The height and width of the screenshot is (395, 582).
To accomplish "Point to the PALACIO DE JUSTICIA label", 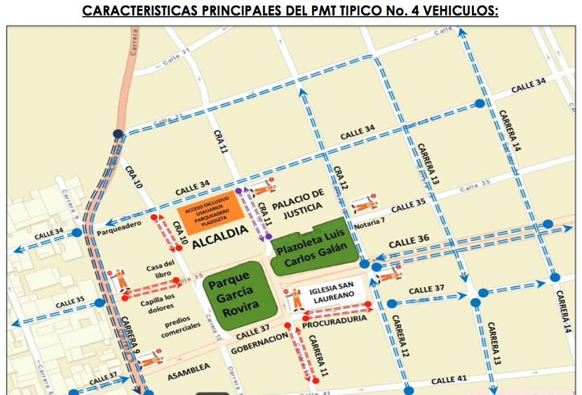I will pyautogui.click(x=299, y=199).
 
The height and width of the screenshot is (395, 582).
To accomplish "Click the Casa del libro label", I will pyautogui.click(x=160, y=269).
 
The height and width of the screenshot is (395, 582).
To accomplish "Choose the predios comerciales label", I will pyautogui.click(x=181, y=326).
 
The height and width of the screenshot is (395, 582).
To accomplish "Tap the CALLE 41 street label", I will pyautogui.click(x=449, y=380).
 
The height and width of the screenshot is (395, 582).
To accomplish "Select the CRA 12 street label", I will pyautogui.click(x=340, y=177).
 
